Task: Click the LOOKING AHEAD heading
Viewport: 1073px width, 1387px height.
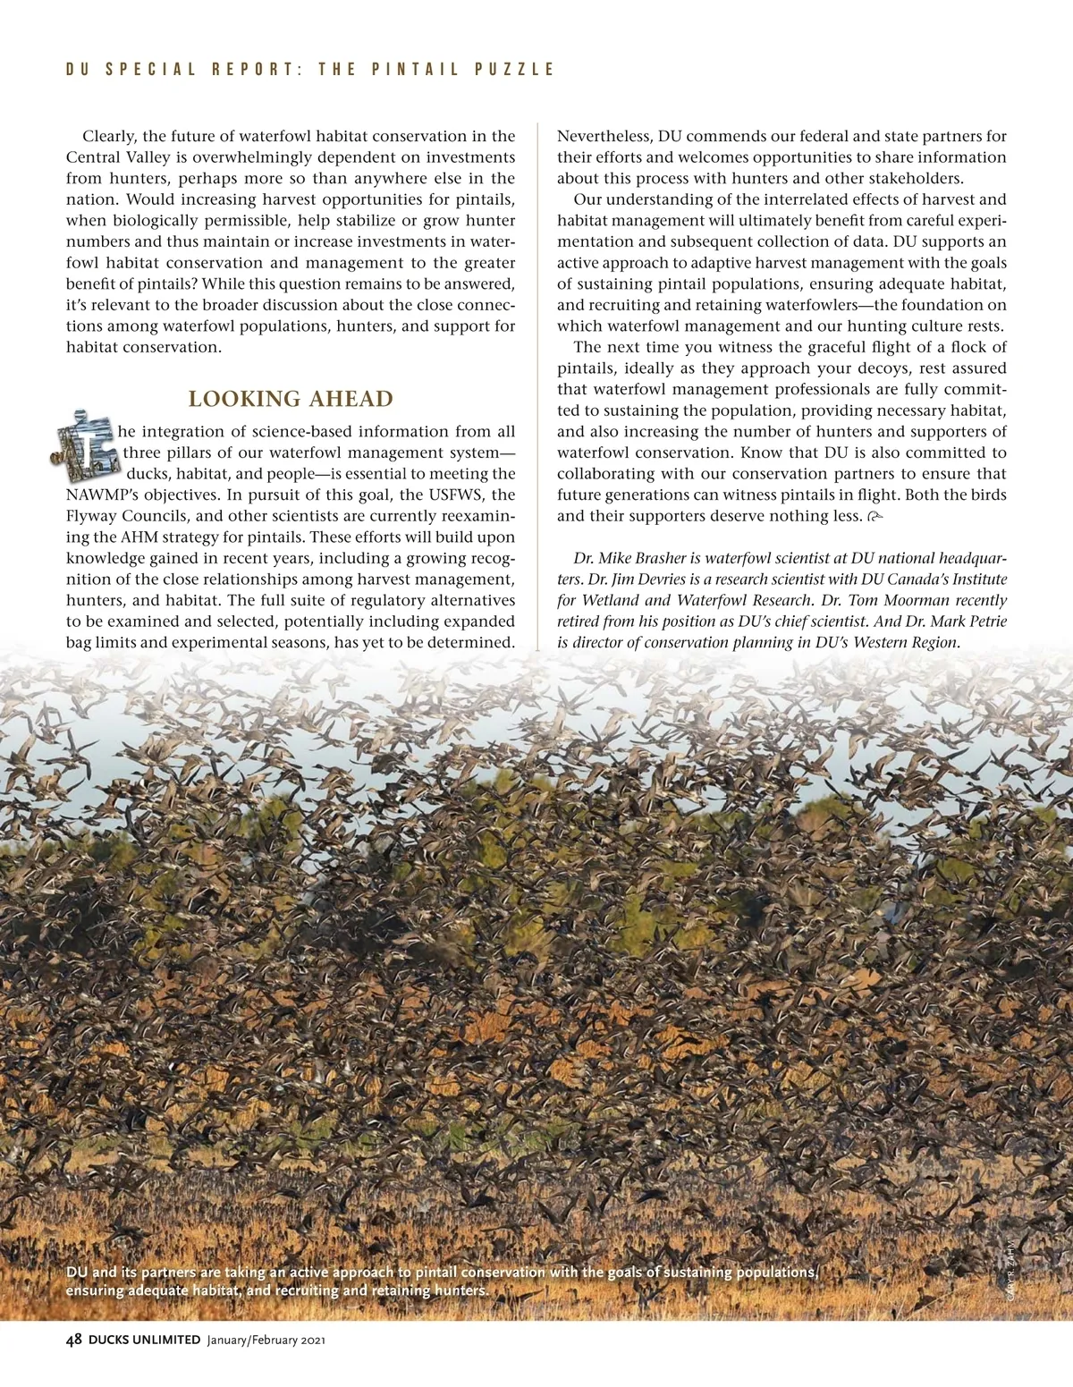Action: tap(291, 399)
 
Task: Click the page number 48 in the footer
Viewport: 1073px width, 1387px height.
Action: tap(74, 1340)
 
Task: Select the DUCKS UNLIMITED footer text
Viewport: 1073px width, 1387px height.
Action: tap(145, 1340)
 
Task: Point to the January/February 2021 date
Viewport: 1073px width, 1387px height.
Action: tap(266, 1340)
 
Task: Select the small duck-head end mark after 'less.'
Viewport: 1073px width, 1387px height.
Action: tap(874, 517)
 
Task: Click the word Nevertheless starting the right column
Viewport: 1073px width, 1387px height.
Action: tap(605, 137)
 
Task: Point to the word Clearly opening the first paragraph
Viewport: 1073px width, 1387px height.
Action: tap(110, 137)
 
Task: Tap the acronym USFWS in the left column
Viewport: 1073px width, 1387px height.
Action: tap(452, 495)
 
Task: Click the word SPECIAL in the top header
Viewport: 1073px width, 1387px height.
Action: tap(151, 70)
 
